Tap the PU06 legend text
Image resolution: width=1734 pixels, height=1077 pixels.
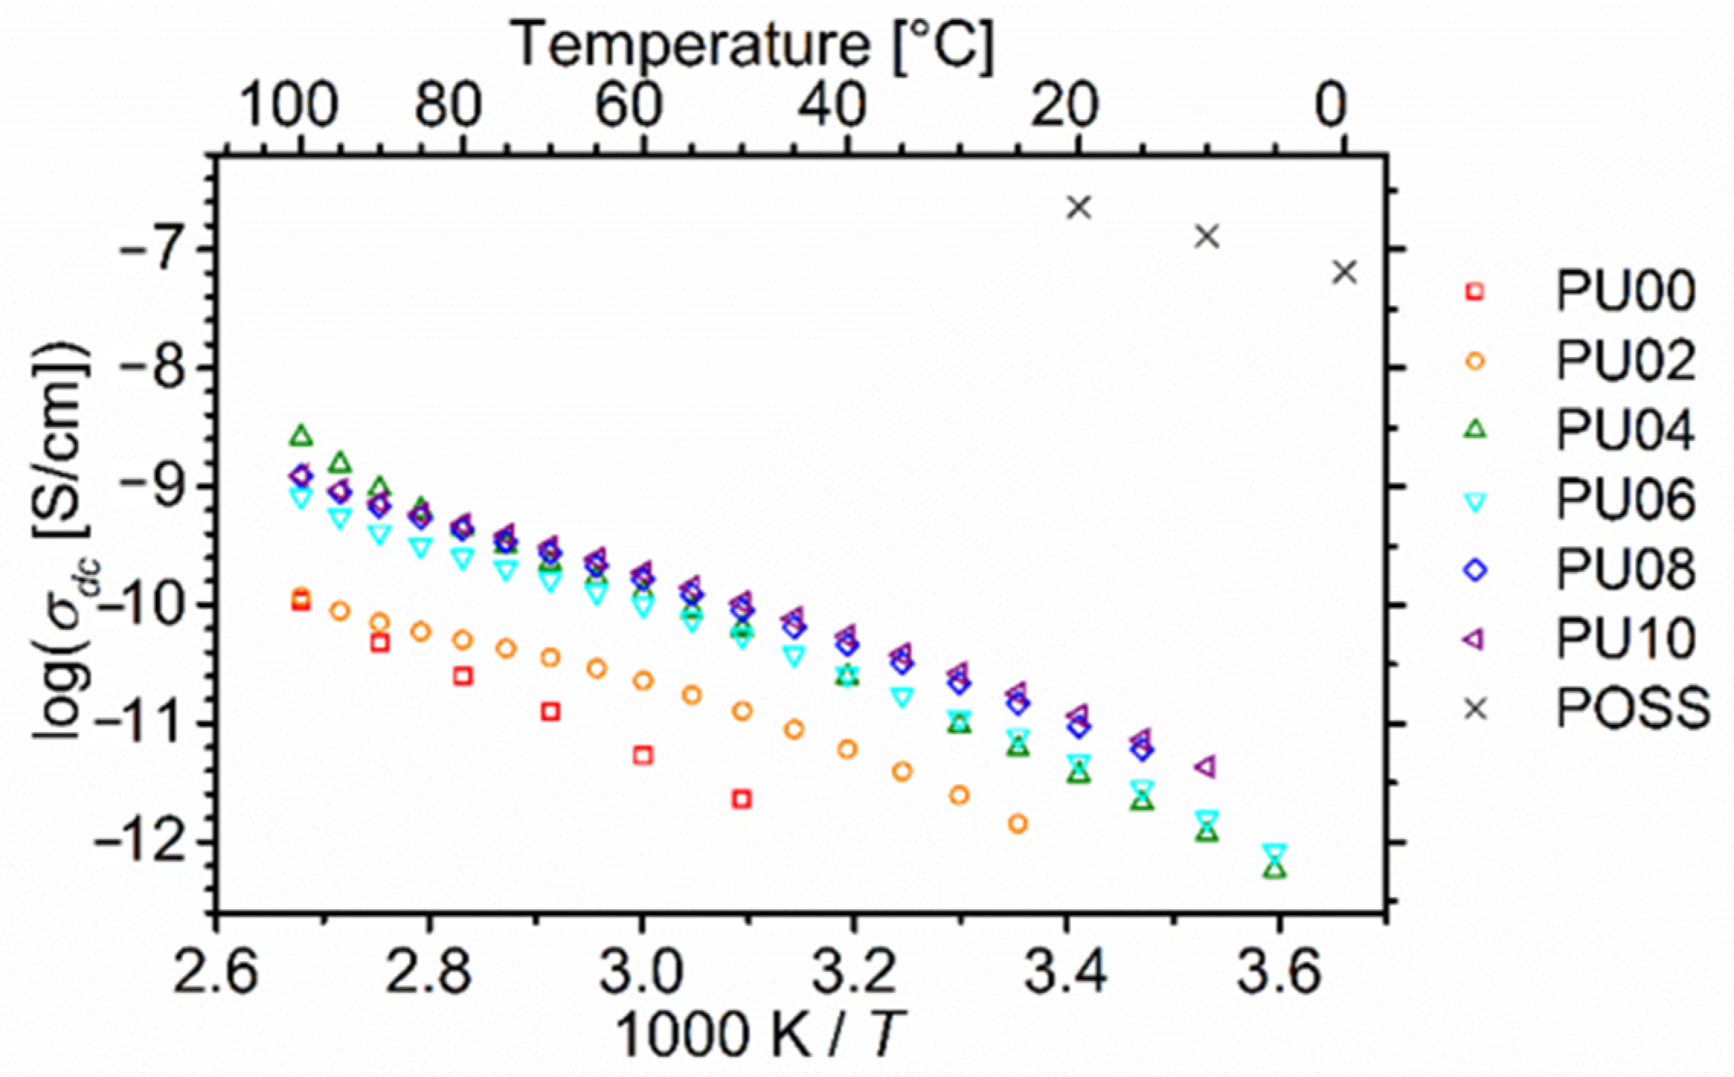[x=1625, y=500]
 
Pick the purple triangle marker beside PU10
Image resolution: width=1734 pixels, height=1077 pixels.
[x=1476, y=640]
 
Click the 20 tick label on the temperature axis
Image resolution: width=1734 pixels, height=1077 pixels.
[x=1065, y=108]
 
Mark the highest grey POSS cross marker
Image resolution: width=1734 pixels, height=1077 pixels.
[x=1079, y=207]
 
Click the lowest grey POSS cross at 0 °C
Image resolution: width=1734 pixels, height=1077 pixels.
[x=1345, y=272]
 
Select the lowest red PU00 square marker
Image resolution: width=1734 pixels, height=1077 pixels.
[x=742, y=799]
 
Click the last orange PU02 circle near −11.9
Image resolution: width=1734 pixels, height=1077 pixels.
[x=1017, y=824]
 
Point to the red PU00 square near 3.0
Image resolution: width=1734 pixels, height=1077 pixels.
[x=643, y=755]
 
